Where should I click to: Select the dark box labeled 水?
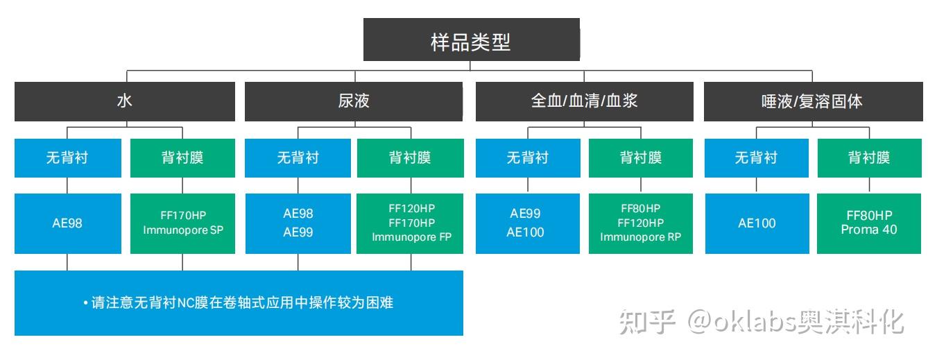coord(124,101)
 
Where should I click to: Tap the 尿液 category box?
coord(354,101)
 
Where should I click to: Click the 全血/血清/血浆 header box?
coord(584,101)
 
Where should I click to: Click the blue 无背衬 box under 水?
coord(67,158)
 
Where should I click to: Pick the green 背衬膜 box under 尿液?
coord(410,158)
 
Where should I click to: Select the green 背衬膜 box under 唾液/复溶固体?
coord(869,158)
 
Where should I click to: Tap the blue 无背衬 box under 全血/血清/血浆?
coord(527,158)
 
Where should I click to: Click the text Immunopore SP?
coord(183,230)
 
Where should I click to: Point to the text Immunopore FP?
coord(411,237)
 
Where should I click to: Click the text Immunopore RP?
coord(641,237)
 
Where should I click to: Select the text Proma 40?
coord(869,230)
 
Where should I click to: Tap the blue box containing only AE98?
coord(67,223)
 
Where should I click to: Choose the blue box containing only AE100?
coord(757,223)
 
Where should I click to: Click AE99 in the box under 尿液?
coord(298,232)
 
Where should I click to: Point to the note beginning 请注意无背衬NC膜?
coord(239,303)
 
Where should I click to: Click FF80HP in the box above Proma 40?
coord(869,215)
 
